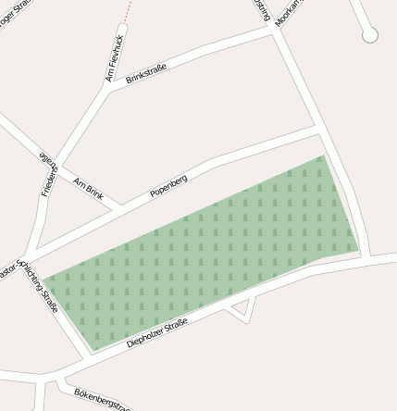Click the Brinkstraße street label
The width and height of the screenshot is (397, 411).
(146, 74)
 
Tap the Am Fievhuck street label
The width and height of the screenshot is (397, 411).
(114, 58)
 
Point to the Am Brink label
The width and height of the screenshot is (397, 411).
(88, 188)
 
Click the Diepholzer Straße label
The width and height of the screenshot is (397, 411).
(156, 333)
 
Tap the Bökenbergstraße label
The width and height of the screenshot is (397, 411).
(102, 399)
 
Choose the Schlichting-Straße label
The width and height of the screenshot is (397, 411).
(39, 285)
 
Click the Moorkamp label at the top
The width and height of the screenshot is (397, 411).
(289, 11)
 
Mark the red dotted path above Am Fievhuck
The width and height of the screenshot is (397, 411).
(127, 11)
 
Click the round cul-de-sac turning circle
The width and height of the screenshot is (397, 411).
(370, 35)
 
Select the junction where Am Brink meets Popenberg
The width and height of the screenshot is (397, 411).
(117, 207)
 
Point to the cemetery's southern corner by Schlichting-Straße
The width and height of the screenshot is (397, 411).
(91, 352)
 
